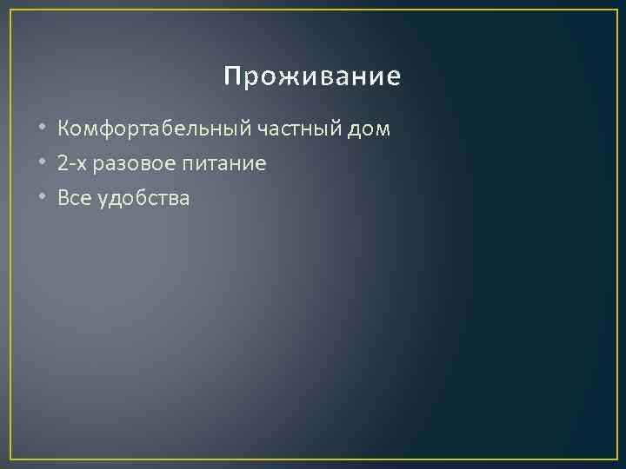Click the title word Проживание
(x=312, y=78)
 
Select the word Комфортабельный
(x=153, y=129)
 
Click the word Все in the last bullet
(x=73, y=198)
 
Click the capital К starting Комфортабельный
(x=63, y=129)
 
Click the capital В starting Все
(x=63, y=198)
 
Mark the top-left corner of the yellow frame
(x=10, y=10)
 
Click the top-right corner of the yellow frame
(x=616, y=10)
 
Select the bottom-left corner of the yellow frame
(x=10, y=458)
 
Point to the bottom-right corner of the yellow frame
(x=616, y=458)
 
